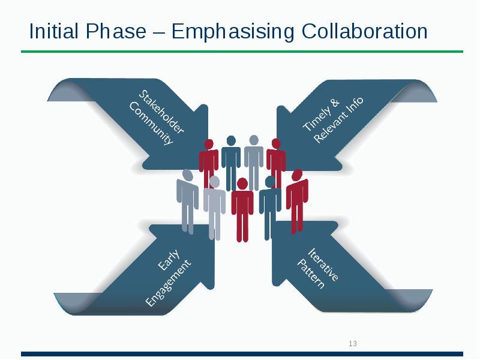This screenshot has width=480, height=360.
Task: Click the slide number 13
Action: [352, 344]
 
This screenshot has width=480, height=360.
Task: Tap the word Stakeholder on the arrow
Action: [162, 112]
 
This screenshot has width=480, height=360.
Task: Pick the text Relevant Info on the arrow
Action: [339, 121]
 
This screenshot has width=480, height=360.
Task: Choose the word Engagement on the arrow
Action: [169, 281]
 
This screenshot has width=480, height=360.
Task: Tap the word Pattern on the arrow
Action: [311, 274]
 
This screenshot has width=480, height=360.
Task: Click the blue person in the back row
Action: [231, 162]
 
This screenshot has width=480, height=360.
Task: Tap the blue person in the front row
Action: [270, 207]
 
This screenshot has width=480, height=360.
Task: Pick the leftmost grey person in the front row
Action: [188, 201]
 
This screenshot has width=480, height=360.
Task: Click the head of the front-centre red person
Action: [242, 183]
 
